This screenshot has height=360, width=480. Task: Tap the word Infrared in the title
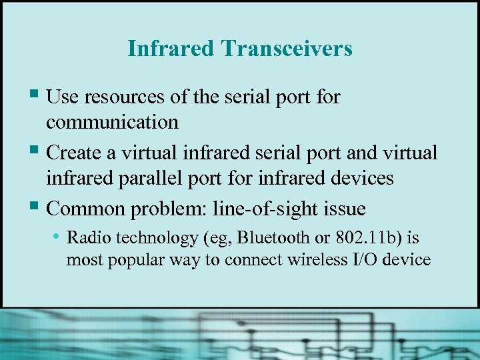171,49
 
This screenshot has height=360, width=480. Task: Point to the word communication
112,122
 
